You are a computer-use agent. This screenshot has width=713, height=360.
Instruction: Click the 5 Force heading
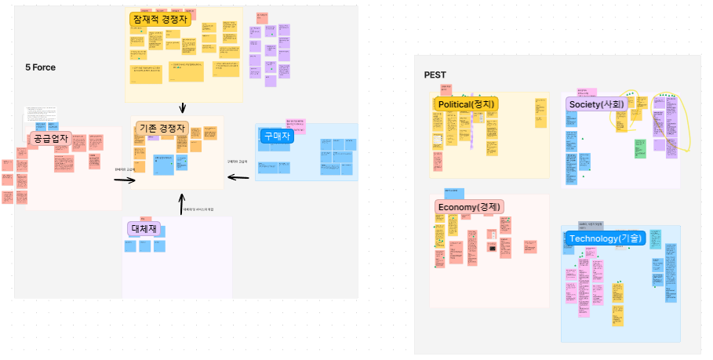(x=40, y=67)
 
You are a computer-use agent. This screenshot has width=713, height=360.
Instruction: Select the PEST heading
(x=435, y=75)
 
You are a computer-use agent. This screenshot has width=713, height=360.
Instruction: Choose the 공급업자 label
(x=50, y=139)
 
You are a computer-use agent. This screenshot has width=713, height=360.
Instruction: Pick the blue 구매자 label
(x=276, y=136)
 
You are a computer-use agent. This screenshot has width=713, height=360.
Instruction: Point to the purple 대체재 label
(x=144, y=228)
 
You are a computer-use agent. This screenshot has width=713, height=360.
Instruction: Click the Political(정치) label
(x=466, y=104)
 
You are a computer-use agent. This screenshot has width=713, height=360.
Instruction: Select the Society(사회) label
(x=596, y=104)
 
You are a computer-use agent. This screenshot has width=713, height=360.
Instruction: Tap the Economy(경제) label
(x=468, y=206)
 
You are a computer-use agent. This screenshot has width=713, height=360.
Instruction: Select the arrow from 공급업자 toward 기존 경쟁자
(x=125, y=180)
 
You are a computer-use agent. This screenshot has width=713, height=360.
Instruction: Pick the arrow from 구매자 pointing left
(x=238, y=178)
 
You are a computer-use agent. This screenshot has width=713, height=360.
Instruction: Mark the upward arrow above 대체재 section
(x=181, y=205)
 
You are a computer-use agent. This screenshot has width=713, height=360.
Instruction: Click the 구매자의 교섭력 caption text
(x=237, y=162)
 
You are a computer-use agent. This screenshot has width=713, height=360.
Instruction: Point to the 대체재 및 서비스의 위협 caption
(x=198, y=209)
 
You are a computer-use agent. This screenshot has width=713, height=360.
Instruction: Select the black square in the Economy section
(x=492, y=249)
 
